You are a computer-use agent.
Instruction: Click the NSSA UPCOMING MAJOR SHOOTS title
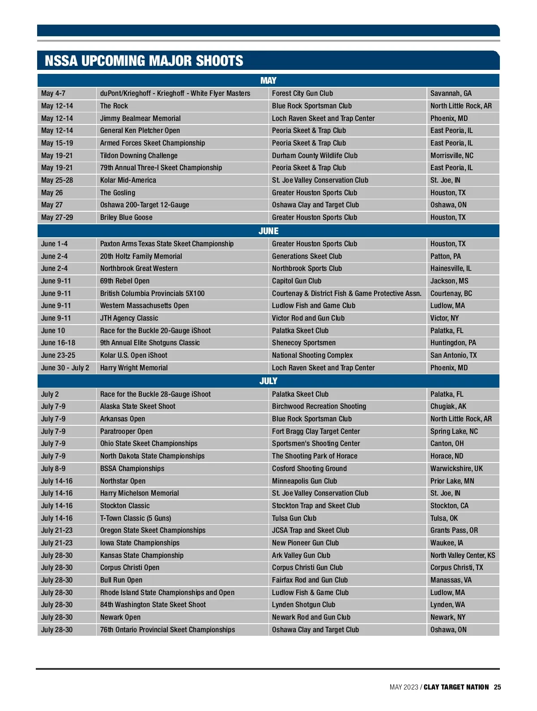[144, 61]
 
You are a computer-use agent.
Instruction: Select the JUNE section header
[268, 231]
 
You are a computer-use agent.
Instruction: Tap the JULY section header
[268, 381]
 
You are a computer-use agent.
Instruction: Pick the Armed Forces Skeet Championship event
[152, 143]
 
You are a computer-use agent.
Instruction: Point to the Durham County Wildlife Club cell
[315, 156]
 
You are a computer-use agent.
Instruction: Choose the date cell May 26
[52, 193]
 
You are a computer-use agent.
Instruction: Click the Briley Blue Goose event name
[126, 218]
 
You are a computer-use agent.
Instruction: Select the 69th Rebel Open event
[125, 281]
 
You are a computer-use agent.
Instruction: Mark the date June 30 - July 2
[65, 368]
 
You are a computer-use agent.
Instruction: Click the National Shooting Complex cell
[312, 355]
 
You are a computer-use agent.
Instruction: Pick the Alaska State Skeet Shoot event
[137, 407]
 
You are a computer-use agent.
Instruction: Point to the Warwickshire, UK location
[456, 469]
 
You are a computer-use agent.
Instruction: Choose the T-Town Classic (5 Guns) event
[135, 518]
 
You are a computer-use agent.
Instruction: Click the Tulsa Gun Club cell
[294, 518]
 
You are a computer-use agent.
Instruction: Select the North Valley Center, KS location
[462, 556]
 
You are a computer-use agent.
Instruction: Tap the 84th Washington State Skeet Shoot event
[153, 605]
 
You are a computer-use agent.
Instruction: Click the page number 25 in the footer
[497, 687]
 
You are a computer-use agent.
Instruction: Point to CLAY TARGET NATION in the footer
[456, 687]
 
